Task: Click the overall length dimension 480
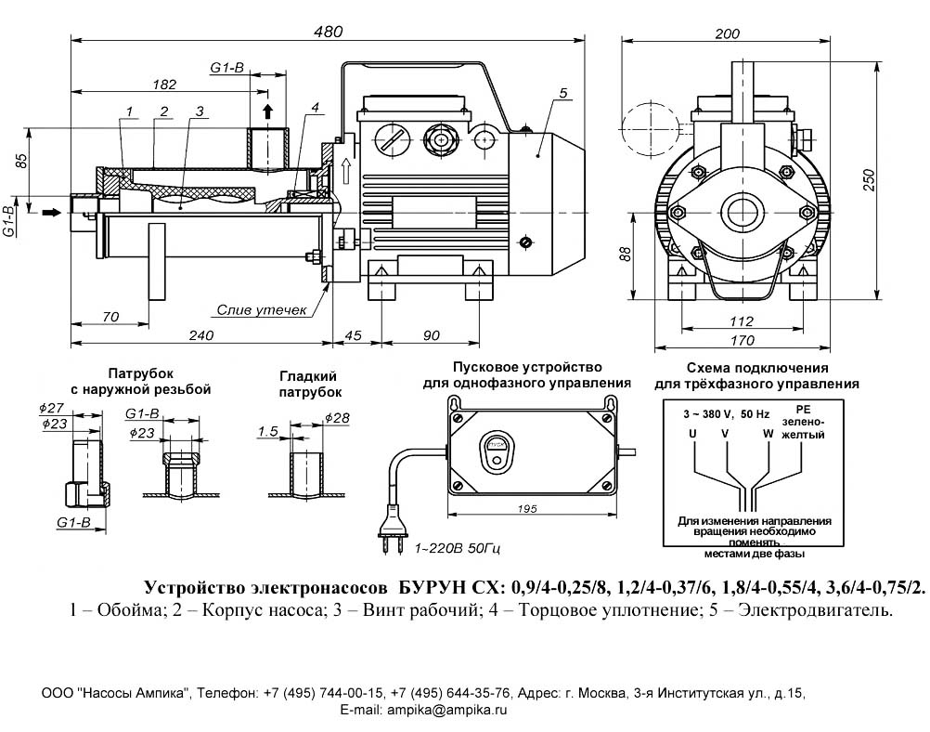[329, 31]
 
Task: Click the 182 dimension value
[163, 85]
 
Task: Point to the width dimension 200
[728, 33]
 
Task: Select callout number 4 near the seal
[316, 108]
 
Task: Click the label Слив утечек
[261, 310]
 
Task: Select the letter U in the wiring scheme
[692, 433]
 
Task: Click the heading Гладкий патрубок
[307, 383]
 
